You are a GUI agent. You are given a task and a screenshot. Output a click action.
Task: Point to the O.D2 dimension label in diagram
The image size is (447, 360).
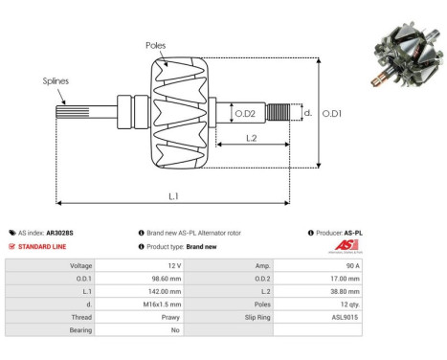pos(245,114)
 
